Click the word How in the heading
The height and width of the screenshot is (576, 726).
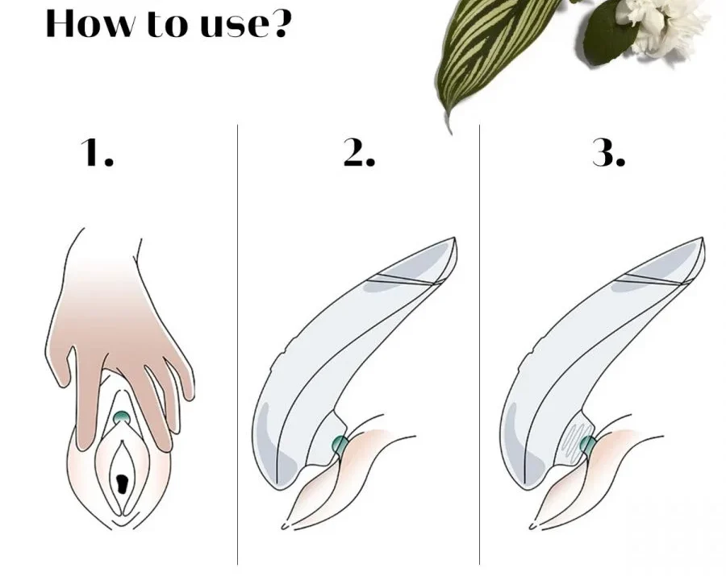pyautogui.click(x=89, y=23)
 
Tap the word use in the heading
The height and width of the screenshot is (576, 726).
pyautogui.click(x=235, y=27)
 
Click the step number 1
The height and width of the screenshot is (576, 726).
pyautogui.click(x=98, y=152)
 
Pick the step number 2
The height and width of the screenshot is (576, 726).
pyautogui.click(x=359, y=152)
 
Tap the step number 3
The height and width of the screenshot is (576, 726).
pyautogui.click(x=608, y=152)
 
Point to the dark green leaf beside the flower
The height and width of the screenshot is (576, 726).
pyautogui.click(x=607, y=35)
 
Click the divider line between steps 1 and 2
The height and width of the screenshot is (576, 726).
pyautogui.click(x=237, y=345)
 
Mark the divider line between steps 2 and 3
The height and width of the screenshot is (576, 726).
pyautogui.click(x=479, y=345)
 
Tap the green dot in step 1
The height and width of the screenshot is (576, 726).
pyautogui.click(x=121, y=417)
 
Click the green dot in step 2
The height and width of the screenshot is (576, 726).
pyautogui.click(x=340, y=444)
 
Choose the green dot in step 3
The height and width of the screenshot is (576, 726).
pyautogui.click(x=587, y=445)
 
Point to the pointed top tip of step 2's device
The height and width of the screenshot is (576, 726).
pyautogui.click(x=455, y=238)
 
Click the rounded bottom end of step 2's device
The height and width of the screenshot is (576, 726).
pyautogui.click(x=277, y=481)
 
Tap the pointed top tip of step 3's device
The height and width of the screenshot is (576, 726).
pyautogui.click(x=703, y=238)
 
